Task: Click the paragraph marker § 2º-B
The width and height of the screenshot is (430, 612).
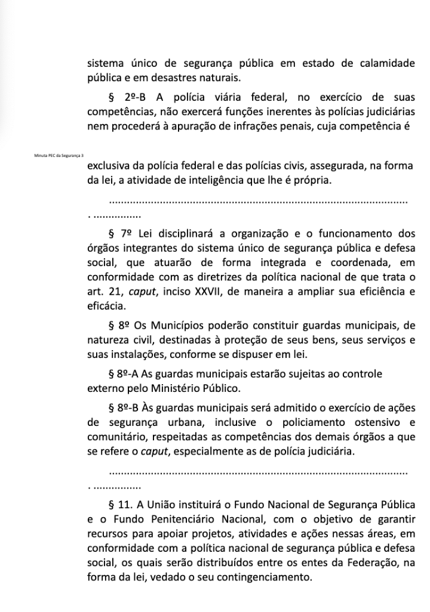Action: (124, 98)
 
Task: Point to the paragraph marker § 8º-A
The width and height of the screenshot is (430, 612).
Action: (123, 374)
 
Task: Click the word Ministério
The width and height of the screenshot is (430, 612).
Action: (174, 388)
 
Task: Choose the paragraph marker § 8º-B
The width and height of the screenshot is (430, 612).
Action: (123, 408)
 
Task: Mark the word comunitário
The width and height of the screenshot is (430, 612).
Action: (117, 437)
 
